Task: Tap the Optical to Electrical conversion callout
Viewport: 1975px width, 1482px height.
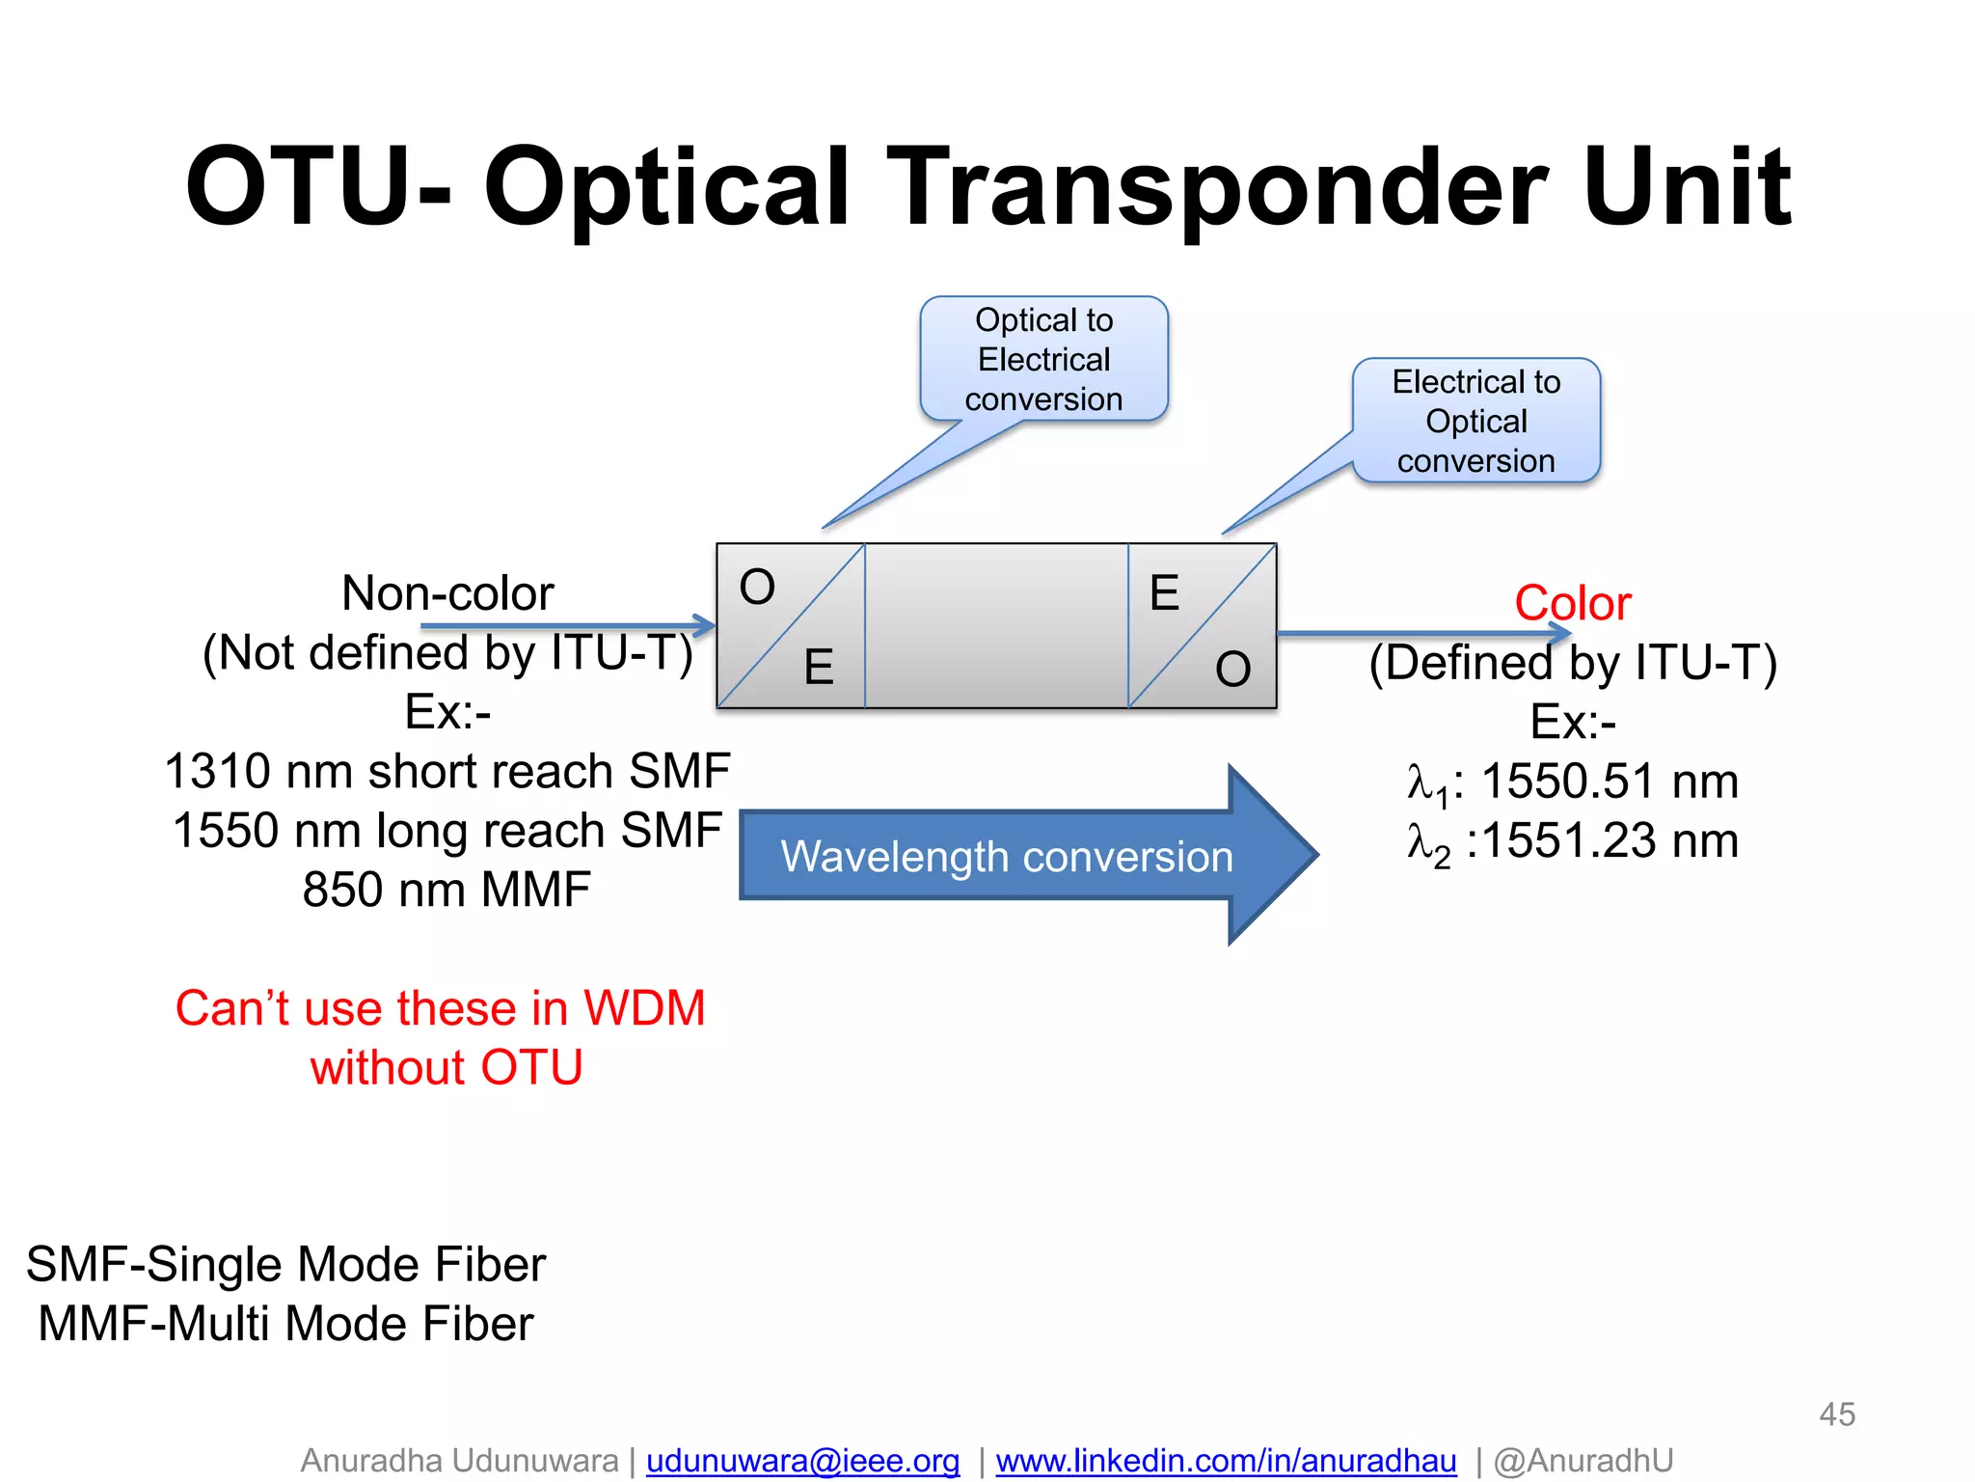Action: [1043, 359]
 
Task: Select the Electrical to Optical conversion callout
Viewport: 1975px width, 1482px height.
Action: [1475, 421]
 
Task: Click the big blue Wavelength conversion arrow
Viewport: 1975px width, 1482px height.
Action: [1008, 856]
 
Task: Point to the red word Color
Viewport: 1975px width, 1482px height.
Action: [1572, 603]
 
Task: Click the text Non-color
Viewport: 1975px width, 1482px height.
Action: [447, 592]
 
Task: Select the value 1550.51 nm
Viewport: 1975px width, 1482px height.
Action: [1609, 781]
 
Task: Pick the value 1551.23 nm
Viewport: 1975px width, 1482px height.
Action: [1609, 840]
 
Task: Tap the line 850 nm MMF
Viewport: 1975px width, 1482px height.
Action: [446, 890]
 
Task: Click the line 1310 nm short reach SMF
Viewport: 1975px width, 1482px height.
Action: [446, 771]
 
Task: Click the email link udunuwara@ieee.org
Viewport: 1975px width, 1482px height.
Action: [802, 1460]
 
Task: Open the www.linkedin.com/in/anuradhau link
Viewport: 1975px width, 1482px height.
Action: [1226, 1460]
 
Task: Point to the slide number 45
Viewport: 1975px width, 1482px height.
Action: [1836, 1414]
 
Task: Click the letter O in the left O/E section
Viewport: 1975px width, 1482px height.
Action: [757, 587]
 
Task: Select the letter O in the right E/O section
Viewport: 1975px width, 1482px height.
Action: [1232, 669]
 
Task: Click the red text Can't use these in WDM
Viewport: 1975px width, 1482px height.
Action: [440, 1008]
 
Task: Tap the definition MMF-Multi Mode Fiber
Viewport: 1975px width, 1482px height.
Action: [285, 1323]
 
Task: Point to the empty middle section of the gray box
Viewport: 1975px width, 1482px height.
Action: [996, 625]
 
